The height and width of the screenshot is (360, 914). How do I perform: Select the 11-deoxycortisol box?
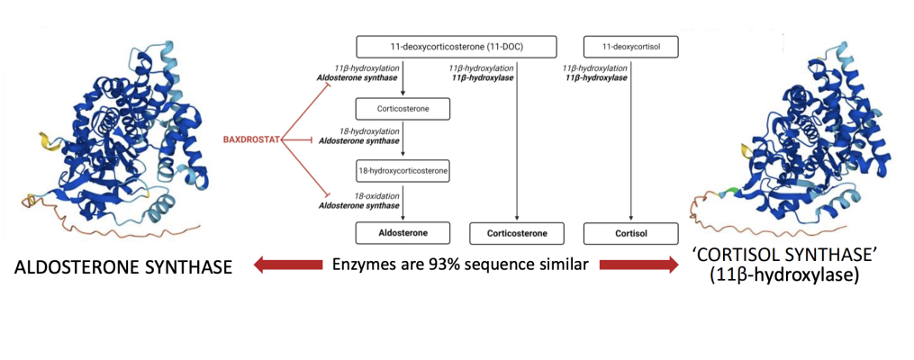(630, 46)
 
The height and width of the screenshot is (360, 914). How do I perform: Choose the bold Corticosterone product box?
(517, 234)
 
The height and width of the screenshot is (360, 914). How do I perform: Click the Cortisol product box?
(630, 234)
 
